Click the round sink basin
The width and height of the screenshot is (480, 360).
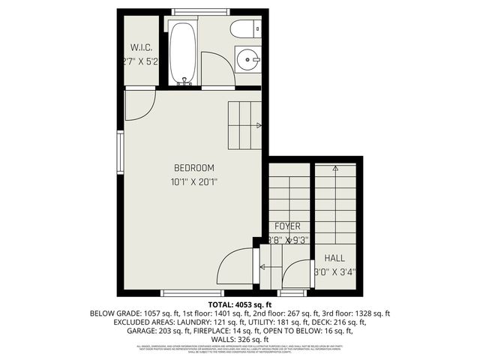(x=248, y=58)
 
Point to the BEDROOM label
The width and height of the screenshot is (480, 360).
(x=194, y=167)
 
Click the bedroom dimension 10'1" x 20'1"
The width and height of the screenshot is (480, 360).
(x=194, y=181)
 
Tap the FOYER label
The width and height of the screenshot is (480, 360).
(x=287, y=226)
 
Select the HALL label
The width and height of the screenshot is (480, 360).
(x=334, y=258)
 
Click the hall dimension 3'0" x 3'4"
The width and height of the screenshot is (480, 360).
(x=334, y=272)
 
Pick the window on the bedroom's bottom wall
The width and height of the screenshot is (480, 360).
(x=192, y=292)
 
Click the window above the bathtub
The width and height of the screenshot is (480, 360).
(x=191, y=12)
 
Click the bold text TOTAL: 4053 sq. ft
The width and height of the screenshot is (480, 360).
(x=239, y=304)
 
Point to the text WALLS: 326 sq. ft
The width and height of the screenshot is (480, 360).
(x=239, y=338)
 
